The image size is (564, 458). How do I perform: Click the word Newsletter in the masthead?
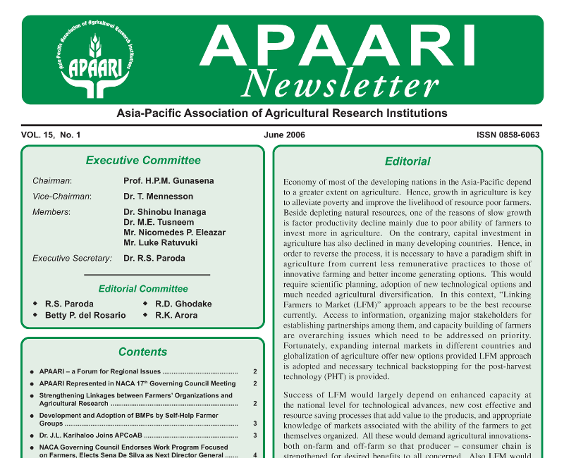tap(341, 84)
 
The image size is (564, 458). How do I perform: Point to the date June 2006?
tap(285, 135)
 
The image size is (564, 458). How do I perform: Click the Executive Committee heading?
tap(143, 161)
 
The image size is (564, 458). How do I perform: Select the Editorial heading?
tap(407, 161)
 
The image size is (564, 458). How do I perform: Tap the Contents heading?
tap(143, 352)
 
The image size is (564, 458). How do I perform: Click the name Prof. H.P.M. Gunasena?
tap(168, 181)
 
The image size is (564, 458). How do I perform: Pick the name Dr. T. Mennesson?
tap(158, 197)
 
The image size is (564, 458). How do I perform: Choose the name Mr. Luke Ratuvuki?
tap(161, 242)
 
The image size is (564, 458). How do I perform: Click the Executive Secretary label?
tap(73, 259)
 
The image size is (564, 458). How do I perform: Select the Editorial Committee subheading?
tap(143, 289)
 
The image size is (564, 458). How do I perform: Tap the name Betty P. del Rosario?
tap(85, 316)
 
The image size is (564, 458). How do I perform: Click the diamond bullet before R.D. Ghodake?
tap(145, 304)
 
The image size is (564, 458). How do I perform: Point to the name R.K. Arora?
tap(176, 316)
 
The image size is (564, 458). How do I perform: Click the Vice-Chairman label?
tap(62, 197)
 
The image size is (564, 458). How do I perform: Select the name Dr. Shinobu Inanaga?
tap(166, 212)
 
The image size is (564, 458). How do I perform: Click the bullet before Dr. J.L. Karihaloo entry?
tap(32, 436)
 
